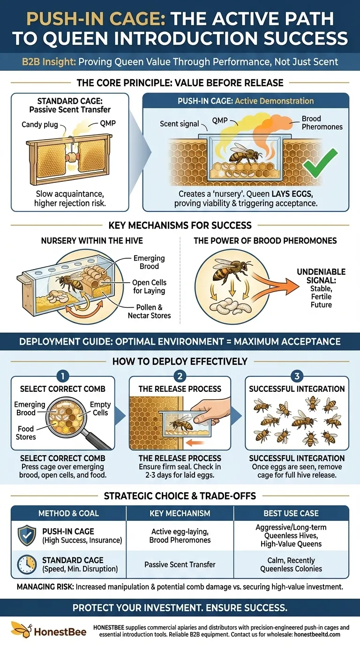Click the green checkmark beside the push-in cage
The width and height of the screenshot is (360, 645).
(320, 163)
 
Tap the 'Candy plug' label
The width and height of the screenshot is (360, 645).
(40, 125)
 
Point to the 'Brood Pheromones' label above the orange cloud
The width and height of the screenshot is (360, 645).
(322, 123)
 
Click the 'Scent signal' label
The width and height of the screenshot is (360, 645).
(180, 124)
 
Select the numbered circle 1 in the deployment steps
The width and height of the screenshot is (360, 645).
(63, 376)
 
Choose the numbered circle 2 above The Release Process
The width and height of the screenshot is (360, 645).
(180, 376)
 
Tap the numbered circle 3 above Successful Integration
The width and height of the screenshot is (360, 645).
(297, 376)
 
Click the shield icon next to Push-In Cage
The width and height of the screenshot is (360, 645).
(27, 535)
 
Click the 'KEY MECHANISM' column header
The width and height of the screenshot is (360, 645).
(180, 513)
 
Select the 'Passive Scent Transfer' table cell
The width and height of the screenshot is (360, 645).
(180, 564)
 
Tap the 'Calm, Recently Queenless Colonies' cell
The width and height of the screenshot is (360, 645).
(291, 564)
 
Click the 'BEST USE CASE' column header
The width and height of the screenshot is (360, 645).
(291, 513)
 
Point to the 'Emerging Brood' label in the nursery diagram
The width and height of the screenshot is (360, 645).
(149, 262)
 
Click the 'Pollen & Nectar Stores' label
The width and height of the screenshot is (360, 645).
(149, 311)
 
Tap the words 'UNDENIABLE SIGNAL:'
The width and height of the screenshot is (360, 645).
(321, 276)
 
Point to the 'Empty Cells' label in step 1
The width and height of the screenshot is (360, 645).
(100, 409)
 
